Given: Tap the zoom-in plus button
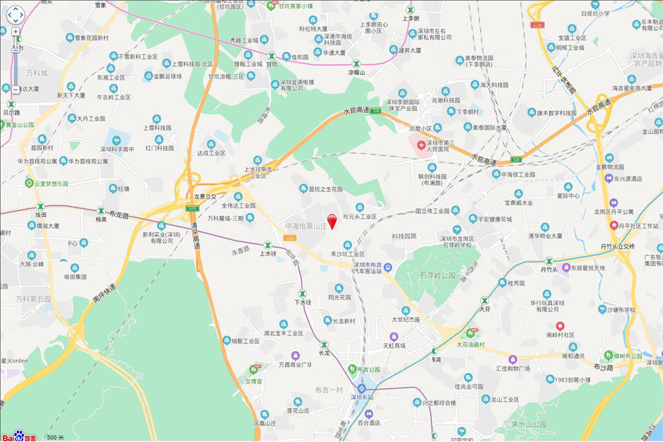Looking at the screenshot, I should (15, 31).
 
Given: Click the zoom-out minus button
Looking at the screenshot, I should (15, 89).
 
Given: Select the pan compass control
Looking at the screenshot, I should (15, 15).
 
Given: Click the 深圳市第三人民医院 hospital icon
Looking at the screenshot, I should (421, 145).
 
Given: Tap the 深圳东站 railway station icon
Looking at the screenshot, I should (362, 388).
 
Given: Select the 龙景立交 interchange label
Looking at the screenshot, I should (210, 197).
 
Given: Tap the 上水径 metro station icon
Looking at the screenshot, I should (268, 245).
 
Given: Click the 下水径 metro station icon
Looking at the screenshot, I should (302, 293).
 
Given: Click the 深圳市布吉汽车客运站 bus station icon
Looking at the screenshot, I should (388, 267).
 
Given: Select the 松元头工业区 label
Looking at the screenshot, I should (359, 216).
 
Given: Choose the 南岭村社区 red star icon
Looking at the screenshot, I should (560, 326).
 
